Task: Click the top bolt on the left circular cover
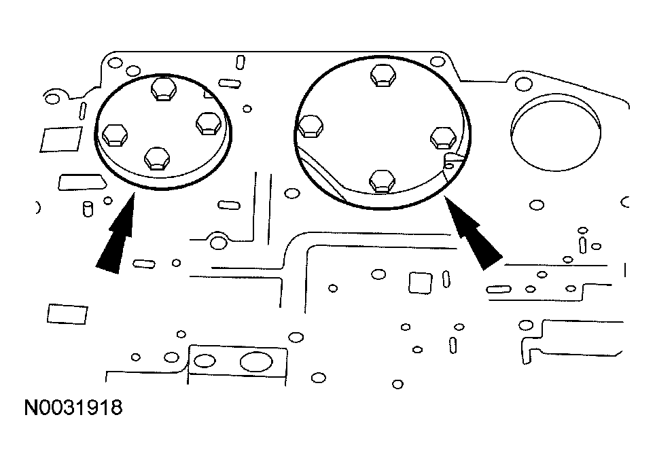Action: pos(163,89)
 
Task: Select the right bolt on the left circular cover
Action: pos(208,124)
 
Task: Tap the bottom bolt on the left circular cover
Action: pos(157,159)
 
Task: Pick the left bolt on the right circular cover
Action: pos(311,126)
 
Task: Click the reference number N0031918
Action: pos(73,408)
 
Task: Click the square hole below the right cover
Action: pos(420,282)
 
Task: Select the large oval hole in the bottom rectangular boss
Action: pos(255,362)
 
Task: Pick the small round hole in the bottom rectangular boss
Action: pos(207,361)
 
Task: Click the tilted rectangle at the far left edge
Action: pos(61,139)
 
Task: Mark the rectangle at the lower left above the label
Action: pos(67,314)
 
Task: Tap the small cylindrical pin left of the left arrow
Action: pos(87,208)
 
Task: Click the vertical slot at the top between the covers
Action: pos(241,62)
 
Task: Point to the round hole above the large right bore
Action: pos(523,84)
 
